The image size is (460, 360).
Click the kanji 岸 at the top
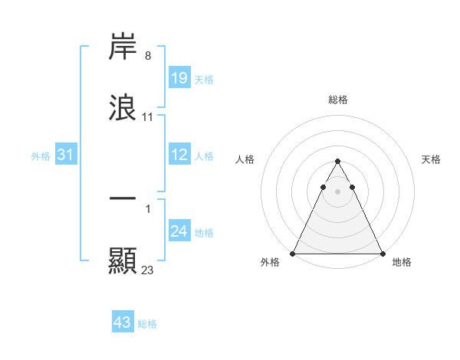pyautogui.click(x=123, y=47)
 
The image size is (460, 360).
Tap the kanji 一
pyautogui.click(x=123, y=198)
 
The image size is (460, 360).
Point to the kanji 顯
pyautogui.click(x=123, y=260)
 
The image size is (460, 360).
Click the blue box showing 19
pyautogui.click(x=179, y=77)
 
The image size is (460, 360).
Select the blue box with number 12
pyautogui.click(x=179, y=155)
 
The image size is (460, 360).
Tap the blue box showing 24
pyautogui.click(x=179, y=231)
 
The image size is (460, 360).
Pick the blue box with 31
pyautogui.click(x=66, y=155)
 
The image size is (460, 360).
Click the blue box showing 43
pyautogui.click(x=123, y=322)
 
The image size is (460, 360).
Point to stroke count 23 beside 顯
pyautogui.click(x=148, y=270)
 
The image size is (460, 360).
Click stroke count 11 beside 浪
pyautogui.click(x=148, y=117)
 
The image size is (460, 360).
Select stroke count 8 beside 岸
pyautogui.click(x=148, y=56)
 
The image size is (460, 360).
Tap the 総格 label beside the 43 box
pyautogui.click(x=148, y=324)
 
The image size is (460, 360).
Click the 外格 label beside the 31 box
pyautogui.click(x=41, y=156)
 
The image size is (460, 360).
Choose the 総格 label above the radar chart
pyautogui.click(x=337, y=100)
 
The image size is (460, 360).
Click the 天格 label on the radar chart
pyautogui.click(x=432, y=159)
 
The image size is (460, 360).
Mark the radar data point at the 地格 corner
pyautogui.click(x=382, y=253)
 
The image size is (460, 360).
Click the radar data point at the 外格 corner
pyautogui.click(x=293, y=253)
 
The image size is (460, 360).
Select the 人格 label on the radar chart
pyautogui.click(x=245, y=159)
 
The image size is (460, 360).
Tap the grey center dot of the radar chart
pyautogui.click(x=337, y=191)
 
